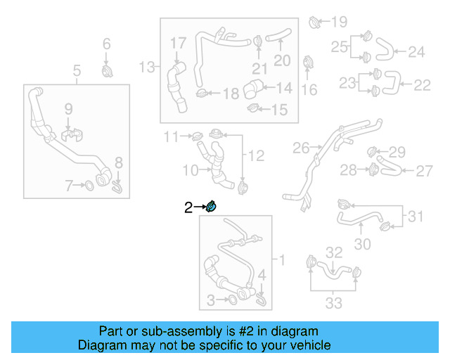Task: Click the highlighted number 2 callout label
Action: (x=188, y=207)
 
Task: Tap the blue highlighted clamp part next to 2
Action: (x=211, y=206)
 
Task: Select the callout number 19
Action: (x=339, y=21)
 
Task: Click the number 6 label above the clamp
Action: (x=107, y=44)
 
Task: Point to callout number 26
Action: (x=301, y=148)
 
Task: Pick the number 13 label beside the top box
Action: (x=146, y=67)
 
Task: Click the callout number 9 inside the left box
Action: (x=68, y=108)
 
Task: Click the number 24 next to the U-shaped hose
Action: (x=416, y=51)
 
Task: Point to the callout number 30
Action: (x=362, y=244)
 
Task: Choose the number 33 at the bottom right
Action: (x=333, y=303)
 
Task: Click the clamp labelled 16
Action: (x=308, y=63)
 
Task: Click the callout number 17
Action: (x=178, y=44)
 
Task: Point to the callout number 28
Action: (x=349, y=169)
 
